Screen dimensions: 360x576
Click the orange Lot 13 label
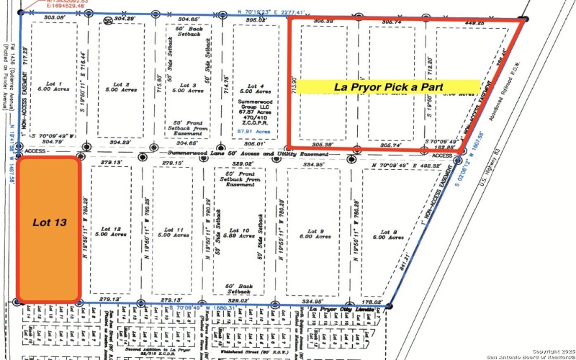(50, 223)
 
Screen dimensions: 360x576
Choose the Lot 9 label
(318, 233)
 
